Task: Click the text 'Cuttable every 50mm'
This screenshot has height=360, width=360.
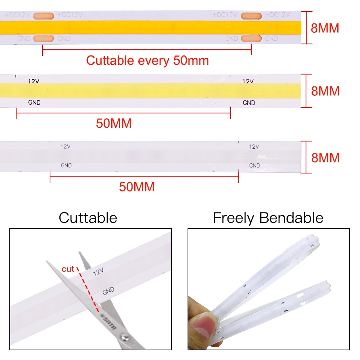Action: point(147,60)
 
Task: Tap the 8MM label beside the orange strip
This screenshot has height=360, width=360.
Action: point(325,28)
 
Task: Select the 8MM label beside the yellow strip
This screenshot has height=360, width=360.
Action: point(325,91)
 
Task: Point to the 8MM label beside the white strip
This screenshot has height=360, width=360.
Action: point(325,158)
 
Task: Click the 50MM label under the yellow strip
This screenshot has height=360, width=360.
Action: point(114,123)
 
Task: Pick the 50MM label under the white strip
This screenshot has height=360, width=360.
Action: point(137,187)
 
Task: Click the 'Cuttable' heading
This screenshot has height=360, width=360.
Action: point(88,218)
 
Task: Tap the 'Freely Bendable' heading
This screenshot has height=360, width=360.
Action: point(268,218)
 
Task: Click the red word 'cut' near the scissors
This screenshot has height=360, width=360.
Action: point(68,269)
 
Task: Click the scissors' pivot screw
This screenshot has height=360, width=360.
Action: point(125,337)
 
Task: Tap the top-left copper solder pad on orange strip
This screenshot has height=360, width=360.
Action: point(44,15)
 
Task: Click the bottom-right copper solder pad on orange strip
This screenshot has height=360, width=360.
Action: point(251,39)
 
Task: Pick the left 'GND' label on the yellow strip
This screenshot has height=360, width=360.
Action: point(34,103)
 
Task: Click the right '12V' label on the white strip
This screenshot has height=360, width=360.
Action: point(254,147)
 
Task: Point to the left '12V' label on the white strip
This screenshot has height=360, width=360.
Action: point(66,147)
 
